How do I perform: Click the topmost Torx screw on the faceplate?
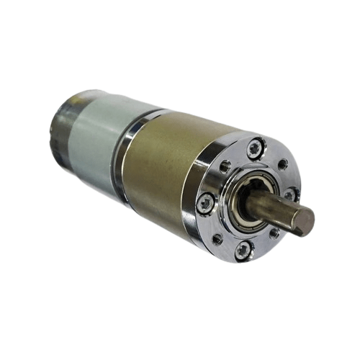click(x=254, y=149)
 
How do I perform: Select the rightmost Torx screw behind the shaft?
click(x=289, y=194)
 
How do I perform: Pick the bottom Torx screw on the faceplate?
click(x=244, y=249)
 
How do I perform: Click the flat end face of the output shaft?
click(x=305, y=221)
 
